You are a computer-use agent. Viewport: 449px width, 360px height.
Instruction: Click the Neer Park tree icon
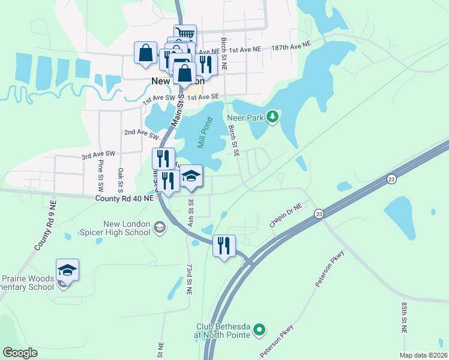click(x=273, y=116)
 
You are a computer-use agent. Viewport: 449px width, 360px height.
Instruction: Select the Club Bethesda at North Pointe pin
click(x=259, y=329)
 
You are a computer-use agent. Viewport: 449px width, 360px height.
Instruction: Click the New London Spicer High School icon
click(x=159, y=227)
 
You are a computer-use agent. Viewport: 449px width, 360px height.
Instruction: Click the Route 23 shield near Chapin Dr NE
click(x=318, y=214)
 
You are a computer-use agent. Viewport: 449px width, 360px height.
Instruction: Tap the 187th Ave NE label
click(x=291, y=46)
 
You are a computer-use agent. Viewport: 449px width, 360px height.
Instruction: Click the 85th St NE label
click(x=404, y=317)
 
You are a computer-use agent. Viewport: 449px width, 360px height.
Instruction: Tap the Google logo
click(x=20, y=352)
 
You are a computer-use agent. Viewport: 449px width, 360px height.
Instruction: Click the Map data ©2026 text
click(x=423, y=355)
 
